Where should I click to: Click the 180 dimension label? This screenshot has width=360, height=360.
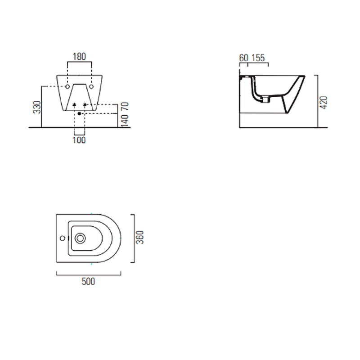(x=79, y=57)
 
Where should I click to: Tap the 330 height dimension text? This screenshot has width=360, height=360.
(x=37, y=107)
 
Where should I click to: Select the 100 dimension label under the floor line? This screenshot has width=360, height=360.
(x=79, y=140)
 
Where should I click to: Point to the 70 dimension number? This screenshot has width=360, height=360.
(x=125, y=106)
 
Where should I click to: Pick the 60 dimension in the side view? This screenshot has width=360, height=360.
(x=243, y=58)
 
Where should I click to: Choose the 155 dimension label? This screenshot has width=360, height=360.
(x=258, y=58)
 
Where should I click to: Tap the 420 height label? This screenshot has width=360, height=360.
(x=323, y=103)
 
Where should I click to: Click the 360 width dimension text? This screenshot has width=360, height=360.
(x=140, y=238)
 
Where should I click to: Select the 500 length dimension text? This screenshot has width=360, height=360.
(x=88, y=282)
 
